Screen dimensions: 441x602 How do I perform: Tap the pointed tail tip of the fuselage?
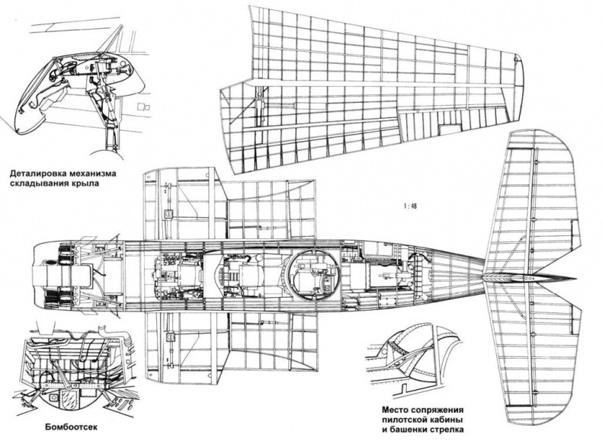(x=564, y=276)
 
